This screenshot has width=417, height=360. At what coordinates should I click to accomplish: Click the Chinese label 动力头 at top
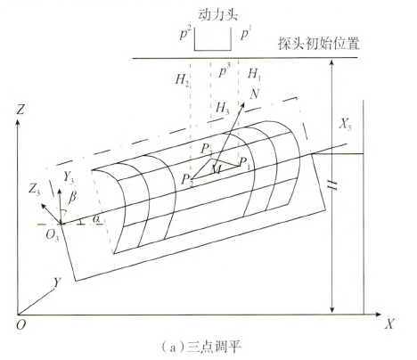pyautogui.click(x=217, y=15)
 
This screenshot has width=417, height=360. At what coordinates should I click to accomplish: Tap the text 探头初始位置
pyautogui.click(x=319, y=43)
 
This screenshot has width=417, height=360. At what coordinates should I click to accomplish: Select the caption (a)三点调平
pyautogui.click(x=201, y=346)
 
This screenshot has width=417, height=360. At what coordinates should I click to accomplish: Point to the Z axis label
pyautogui.click(x=20, y=110)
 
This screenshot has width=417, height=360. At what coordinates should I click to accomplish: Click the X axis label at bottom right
pyautogui.click(x=389, y=323)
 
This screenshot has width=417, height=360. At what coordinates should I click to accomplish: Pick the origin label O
pyautogui.click(x=20, y=325)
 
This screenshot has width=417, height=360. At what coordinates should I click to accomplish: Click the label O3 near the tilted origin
pyautogui.click(x=53, y=235)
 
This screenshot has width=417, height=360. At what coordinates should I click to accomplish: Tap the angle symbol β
pyautogui.click(x=72, y=197)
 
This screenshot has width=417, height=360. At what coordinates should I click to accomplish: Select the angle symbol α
pyautogui.click(x=96, y=219)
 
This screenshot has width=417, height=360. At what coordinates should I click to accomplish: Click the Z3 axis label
pyautogui.click(x=34, y=190)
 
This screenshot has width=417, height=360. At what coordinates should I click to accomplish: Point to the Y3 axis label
pyautogui.click(x=69, y=177)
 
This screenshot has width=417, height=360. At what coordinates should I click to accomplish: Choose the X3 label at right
pyautogui.click(x=345, y=125)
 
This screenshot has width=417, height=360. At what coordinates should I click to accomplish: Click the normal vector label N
pyautogui.click(x=255, y=94)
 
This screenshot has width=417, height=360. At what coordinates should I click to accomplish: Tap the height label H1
pyautogui.click(x=255, y=74)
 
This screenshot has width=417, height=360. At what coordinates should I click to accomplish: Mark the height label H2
pyautogui.click(x=182, y=79)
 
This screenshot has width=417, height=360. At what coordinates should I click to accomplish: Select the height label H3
pyautogui.click(x=223, y=108)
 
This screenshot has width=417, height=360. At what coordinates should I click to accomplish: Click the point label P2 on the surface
pyautogui.click(x=187, y=180)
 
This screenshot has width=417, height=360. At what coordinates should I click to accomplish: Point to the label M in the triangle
pyautogui.click(x=217, y=169)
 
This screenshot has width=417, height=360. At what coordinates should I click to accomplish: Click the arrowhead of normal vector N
pyautogui.click(x=242, y=105)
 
